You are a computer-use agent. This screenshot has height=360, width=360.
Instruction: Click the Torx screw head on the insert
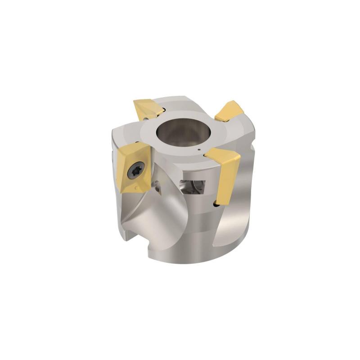point(135,171)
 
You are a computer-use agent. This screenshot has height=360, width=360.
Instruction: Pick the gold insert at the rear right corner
point(229,111)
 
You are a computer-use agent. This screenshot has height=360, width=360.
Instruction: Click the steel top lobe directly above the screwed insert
point(124,135)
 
